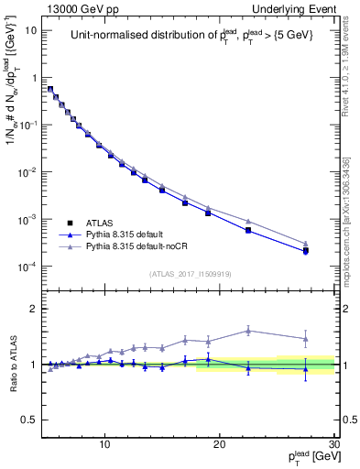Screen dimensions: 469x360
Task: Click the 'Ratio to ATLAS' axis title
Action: pyautogui.click(x=12, y=364)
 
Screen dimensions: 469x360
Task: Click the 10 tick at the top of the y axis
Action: pyautogui.click(x=30, y=30)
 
